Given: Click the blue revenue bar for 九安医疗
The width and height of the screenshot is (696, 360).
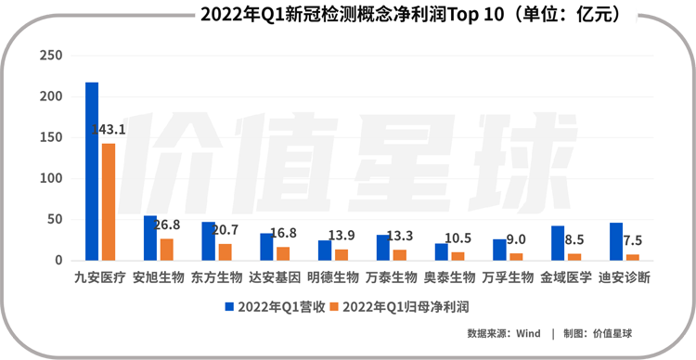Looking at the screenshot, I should click(92, 172).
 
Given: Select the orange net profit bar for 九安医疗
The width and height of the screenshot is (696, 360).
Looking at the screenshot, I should click(108, 202).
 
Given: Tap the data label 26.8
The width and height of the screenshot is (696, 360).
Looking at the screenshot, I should click(167, 225).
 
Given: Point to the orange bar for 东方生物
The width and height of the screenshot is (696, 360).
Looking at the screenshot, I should click(225, 251).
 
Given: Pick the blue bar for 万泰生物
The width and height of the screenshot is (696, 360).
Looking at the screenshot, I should click(383, 248).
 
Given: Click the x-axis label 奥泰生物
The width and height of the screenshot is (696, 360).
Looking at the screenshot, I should click(449, 277).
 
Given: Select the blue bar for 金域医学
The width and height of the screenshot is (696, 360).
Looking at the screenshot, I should click(558, 243).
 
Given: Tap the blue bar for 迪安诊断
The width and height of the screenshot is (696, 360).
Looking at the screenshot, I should click(616, 242).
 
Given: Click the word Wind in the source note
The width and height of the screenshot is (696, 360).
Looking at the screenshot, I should click(528, 333).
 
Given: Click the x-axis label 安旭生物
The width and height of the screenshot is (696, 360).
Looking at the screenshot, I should click(158, 277).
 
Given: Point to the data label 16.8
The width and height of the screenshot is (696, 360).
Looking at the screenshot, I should click(284, 233).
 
